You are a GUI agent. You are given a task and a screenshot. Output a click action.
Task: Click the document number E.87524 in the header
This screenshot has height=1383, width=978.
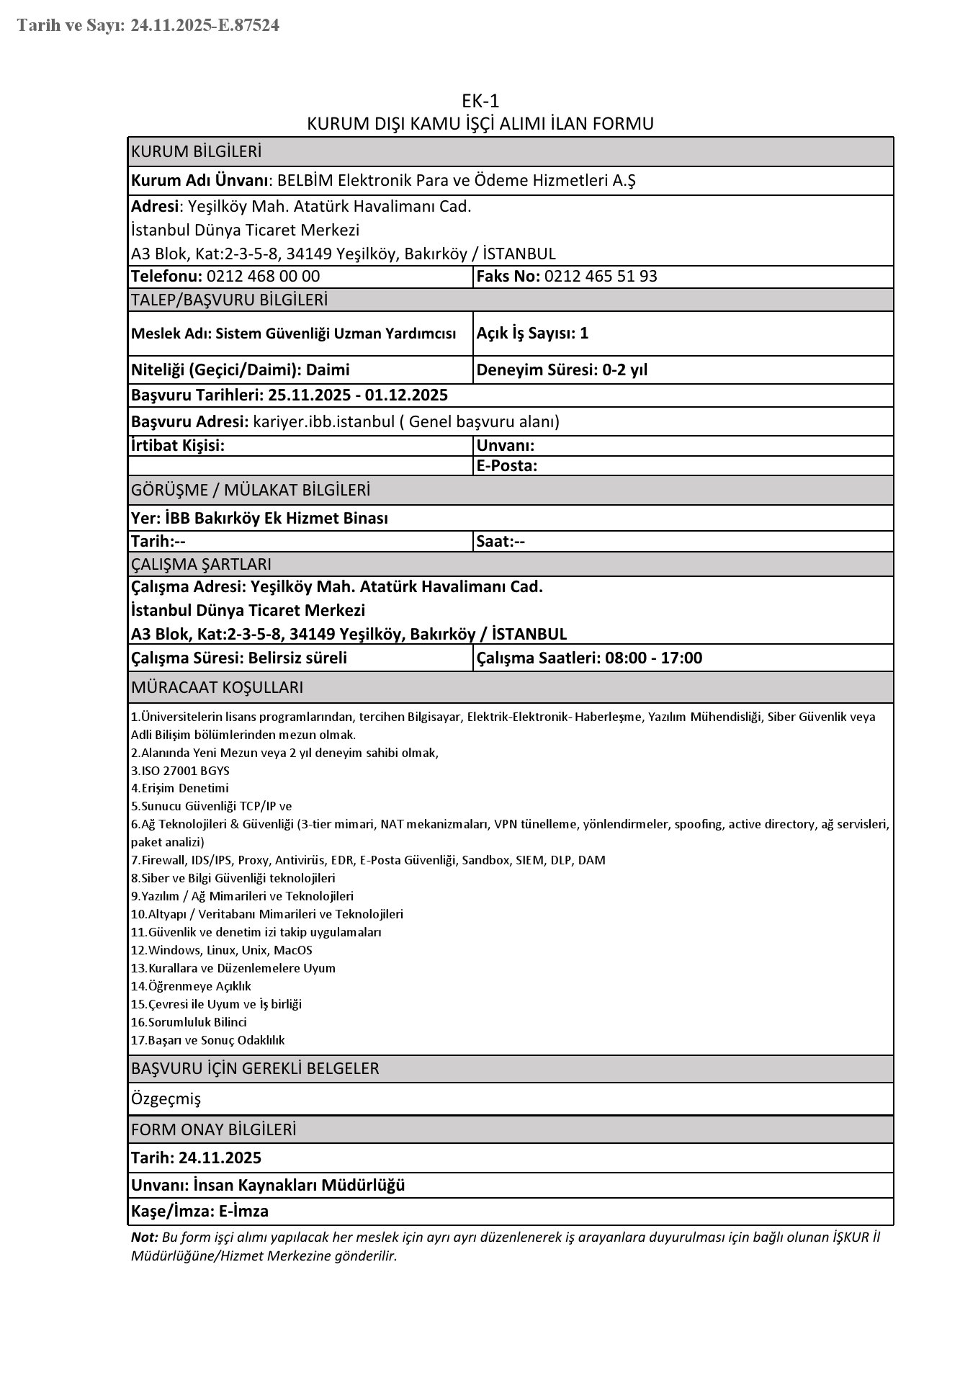[x=247, y=26]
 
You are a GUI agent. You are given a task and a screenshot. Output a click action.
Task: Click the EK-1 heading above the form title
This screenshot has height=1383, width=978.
[x=480, y=101]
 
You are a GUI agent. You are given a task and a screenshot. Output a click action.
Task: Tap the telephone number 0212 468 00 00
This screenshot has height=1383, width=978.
[x=263, y=277]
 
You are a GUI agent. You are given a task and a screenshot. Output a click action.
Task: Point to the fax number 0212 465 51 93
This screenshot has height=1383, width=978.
[x=601, y=277]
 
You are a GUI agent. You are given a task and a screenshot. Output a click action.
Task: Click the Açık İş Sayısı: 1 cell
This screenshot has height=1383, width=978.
[x=532, y=333]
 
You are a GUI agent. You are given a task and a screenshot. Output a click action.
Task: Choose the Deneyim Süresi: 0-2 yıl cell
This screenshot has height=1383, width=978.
[x=562, y=370]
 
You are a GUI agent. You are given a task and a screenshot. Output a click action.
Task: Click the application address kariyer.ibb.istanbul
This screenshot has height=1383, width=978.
[x=323, y=422]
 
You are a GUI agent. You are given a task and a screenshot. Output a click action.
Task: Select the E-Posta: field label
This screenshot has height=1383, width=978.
[x=507, y=466]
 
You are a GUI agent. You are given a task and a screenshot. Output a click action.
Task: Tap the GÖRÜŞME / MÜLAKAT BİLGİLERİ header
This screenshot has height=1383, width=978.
[x=251, y=491]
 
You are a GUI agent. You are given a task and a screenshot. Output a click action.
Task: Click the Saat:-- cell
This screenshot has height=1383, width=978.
[x=501, y=542]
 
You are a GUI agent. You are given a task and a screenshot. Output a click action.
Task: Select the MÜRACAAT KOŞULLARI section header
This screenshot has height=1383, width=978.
[x=217, y=688]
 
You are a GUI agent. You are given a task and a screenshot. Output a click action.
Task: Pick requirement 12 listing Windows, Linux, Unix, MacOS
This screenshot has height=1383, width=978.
[x=222, y=950]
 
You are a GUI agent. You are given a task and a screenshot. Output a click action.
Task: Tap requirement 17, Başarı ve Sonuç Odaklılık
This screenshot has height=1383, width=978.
[x=208, y=1040]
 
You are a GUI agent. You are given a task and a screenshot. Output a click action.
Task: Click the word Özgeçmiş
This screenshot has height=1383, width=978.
[x=166, y=1099]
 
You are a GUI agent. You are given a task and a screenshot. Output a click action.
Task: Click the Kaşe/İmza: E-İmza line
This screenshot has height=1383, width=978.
[x=199, y=1212]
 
